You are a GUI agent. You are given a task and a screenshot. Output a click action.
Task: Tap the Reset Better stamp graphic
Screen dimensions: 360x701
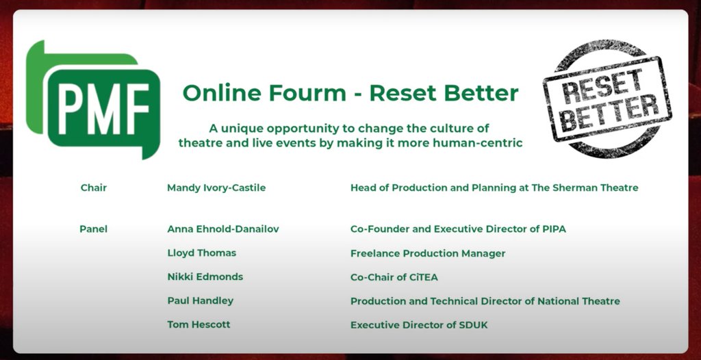[x=607, y=99]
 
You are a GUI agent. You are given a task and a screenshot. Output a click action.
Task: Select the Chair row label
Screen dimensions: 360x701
[x=94, y=188]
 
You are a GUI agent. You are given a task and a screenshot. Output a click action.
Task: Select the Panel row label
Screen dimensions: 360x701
[x=94, y=229]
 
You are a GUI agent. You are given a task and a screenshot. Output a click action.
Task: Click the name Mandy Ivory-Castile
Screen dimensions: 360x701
[x=216, y=188]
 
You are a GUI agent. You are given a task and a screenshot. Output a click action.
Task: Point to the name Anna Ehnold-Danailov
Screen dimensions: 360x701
[x=222, y=229]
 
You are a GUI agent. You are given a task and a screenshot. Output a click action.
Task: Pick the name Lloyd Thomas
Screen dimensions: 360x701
[x=201, y=253]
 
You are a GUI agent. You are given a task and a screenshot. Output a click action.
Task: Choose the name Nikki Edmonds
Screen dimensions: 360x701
[x=205, y=277]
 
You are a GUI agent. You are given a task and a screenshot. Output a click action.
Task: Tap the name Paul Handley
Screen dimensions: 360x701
[x=200, y=301]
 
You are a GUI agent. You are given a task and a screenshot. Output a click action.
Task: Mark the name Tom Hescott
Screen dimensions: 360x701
[x=199, y=324]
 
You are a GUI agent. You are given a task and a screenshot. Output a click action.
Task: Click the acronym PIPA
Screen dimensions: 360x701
[x=552, y=229]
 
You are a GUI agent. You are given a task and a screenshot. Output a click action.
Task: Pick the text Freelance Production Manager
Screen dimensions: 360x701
[x=428, y=253]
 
